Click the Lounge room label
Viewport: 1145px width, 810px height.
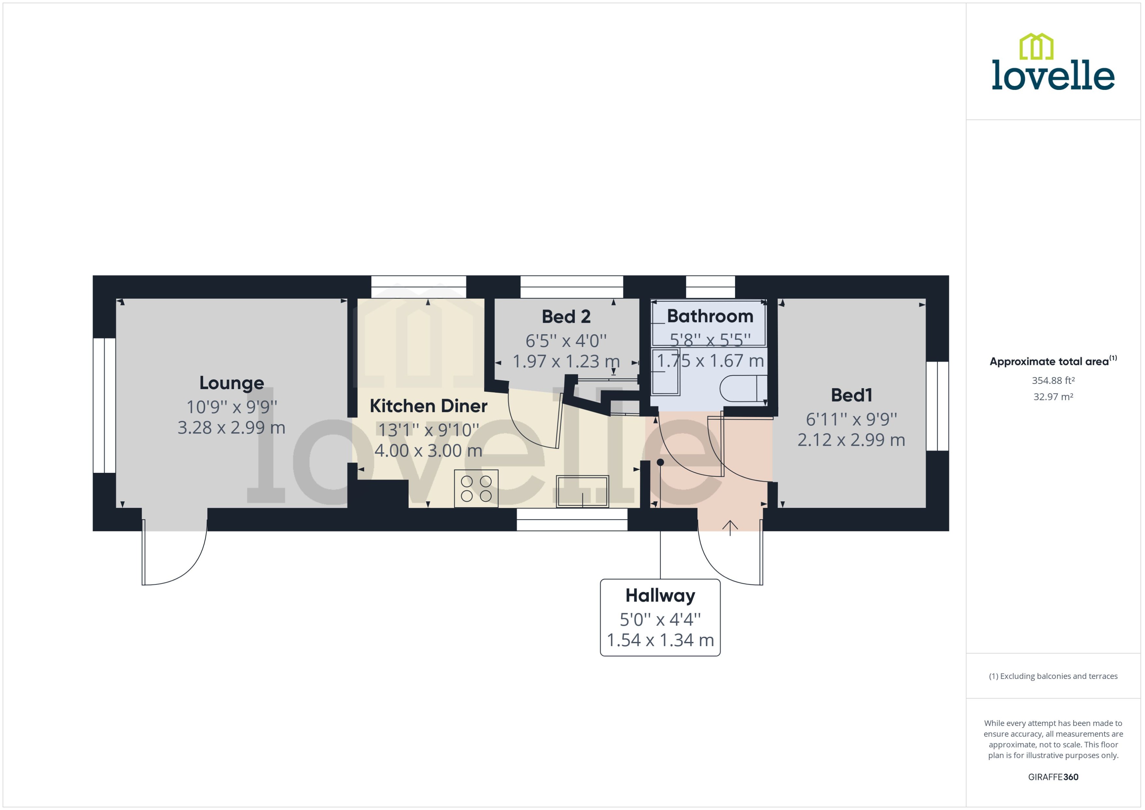pyautogui.click(x=232, y=383)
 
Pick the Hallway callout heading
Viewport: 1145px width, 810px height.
pyautogui.click(x=660, y=595)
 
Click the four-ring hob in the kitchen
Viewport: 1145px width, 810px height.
pyautogui.click(x=476, y=489)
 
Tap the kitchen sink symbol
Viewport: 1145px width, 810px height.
pyautogui.click(x=582, y=491)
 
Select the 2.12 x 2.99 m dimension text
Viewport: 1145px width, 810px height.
pyautogui.click(x=851, y=440)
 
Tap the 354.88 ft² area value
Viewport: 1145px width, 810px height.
pyautogui.click(x=1053, y=381)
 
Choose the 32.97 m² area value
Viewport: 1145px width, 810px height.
pyautogui.click(x=1053, y=397)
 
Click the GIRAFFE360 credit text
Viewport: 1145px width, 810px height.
pyautogui.click(x=1053, y=777)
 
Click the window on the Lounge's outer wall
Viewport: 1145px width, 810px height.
pyautogui.click(x=104, y=405)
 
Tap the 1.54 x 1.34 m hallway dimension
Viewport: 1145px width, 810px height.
pyautogui.click(x=660, y=640)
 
